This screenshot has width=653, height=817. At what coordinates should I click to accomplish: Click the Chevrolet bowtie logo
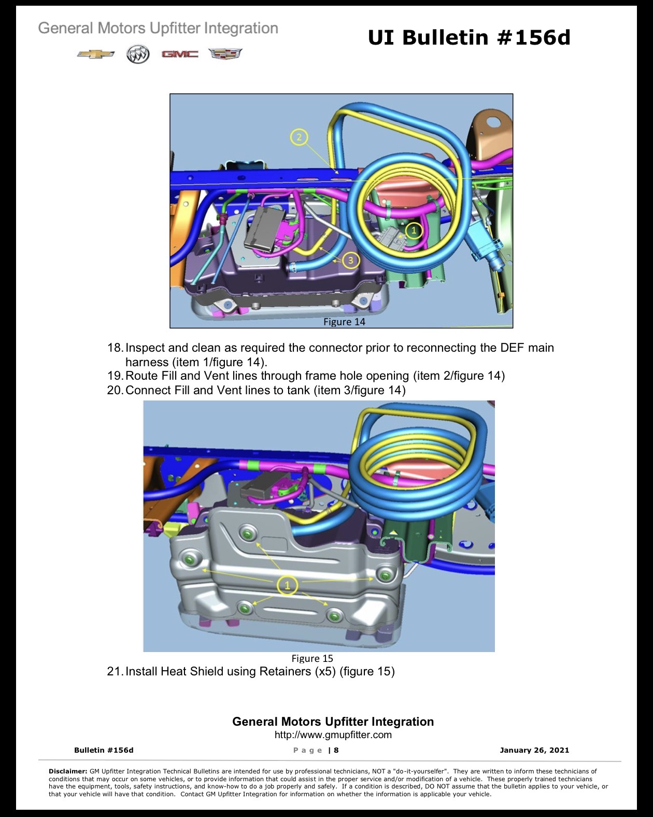[x=95, y=54]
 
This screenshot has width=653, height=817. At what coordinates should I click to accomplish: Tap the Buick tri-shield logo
[x=138, y=54]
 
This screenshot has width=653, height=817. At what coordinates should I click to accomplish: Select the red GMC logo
[x=180, y=54]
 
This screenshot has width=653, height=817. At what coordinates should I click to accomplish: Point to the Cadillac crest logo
[x=225, y=53]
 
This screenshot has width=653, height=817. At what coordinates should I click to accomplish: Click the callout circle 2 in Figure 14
[x=299, y=137]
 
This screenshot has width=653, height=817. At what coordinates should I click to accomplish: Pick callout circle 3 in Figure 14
[x=350, y=260]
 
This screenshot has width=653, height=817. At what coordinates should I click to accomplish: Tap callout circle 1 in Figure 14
[x=414, y=230]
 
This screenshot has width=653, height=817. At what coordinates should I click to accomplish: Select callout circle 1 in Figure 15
[x=287, y=586]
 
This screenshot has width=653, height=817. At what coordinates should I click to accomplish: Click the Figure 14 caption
[x=344, y=322]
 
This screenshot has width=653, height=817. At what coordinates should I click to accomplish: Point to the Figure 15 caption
[x=313, y=658]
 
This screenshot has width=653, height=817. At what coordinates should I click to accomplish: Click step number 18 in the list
[x=115, y=348]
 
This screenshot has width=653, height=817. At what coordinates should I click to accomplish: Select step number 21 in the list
[x=115, y=671]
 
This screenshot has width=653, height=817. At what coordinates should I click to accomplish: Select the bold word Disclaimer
[x=68, y=771]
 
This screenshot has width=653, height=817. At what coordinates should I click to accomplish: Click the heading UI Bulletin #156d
[x=469, y=37]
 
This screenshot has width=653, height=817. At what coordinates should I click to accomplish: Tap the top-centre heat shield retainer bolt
[x=248, y=534]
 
